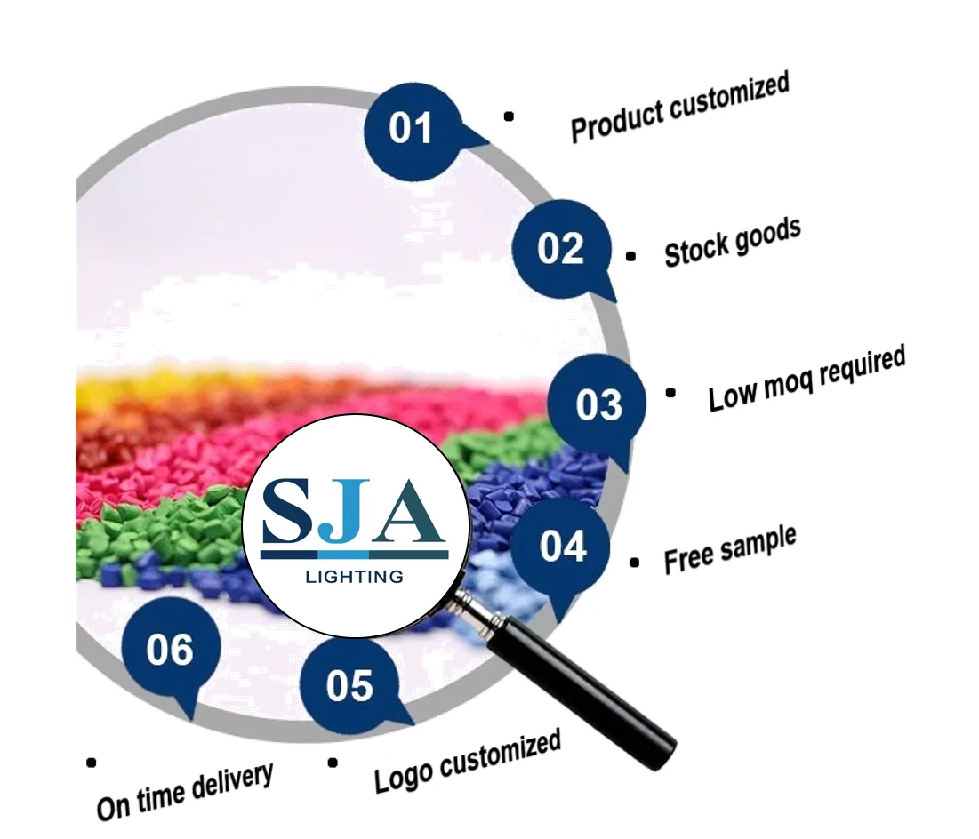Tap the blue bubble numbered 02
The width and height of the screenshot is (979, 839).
(561, 249)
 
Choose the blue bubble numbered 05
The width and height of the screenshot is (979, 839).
(349, 685)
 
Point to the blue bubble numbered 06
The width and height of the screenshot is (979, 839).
(171, 649)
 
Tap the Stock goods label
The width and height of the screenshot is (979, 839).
(733, 243)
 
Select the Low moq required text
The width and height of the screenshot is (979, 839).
(806, 379)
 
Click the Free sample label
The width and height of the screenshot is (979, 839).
(730, 550)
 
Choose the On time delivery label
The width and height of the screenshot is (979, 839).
(185, 792)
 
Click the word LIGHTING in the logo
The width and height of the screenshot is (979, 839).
(355, 577)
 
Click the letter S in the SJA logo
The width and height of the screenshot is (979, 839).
(288, 510)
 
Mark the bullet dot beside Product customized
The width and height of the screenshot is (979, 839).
(509, 116)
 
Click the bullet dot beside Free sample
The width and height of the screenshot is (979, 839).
(634, 563)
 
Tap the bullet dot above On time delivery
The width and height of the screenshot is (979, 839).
(92, 763)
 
